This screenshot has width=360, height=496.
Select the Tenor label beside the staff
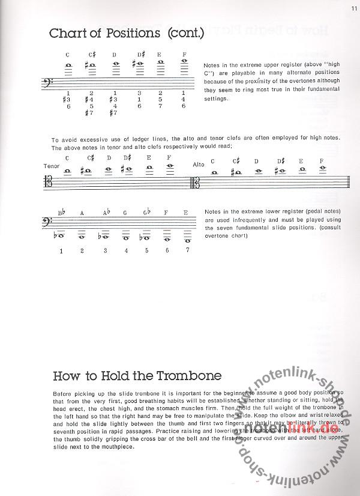(x=51, y=166)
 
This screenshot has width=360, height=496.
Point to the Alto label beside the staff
(x=199, y=164)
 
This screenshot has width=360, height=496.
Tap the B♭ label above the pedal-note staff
(x=61, y=213)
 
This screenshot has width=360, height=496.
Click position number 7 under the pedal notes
(x=187, y=250)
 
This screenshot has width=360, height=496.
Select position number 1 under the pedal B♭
(x=61, y=250)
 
